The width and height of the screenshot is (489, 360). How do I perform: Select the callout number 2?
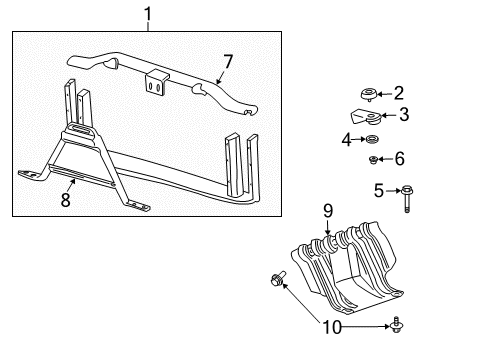click(398, 94)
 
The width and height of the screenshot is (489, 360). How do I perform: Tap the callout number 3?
click(403, 114)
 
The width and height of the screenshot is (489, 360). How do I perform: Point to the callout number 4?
click(347, 140)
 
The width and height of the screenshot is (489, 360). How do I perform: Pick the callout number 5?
click(378, 189)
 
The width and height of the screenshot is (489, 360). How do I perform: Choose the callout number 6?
click(399, 158)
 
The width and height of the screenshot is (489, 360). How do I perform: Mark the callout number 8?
click(66, 199)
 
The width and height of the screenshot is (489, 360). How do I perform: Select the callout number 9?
click(326, 211)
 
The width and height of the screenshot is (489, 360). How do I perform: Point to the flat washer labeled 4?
click(373, 140)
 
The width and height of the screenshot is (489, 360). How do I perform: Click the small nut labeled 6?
click(373, 159)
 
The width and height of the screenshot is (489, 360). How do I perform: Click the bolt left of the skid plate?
click(276, 278)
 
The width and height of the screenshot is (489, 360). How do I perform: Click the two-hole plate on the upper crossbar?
click(155, 83)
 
